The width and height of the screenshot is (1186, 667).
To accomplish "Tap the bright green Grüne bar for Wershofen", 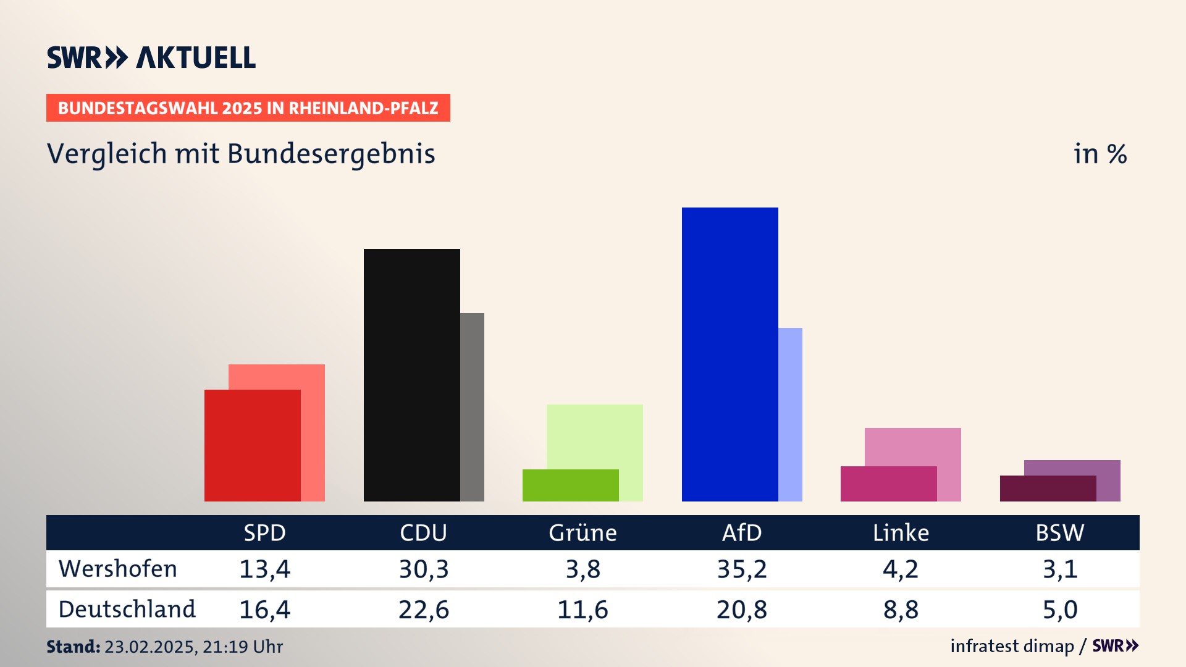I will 570,485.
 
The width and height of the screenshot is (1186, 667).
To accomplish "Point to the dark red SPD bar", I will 252,445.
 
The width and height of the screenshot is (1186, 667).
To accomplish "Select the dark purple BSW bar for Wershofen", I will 1048,489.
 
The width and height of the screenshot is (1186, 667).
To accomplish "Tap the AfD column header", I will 742,532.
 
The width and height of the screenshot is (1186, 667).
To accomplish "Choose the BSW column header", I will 1059,532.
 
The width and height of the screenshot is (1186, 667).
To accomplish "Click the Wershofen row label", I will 118,569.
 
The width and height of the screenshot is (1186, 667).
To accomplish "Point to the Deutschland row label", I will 127,610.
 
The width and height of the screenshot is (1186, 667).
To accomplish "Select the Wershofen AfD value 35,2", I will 742,569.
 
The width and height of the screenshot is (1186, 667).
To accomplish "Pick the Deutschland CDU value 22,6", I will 424,610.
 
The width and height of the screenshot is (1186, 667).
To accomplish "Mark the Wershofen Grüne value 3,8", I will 583,569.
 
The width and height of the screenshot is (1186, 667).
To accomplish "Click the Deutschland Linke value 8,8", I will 901,610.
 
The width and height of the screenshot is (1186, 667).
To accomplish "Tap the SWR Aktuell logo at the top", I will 151,57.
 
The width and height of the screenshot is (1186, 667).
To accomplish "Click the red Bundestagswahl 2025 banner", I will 248,108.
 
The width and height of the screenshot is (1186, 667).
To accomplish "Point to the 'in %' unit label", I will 1100,154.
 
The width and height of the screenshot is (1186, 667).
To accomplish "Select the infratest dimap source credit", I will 1012,646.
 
